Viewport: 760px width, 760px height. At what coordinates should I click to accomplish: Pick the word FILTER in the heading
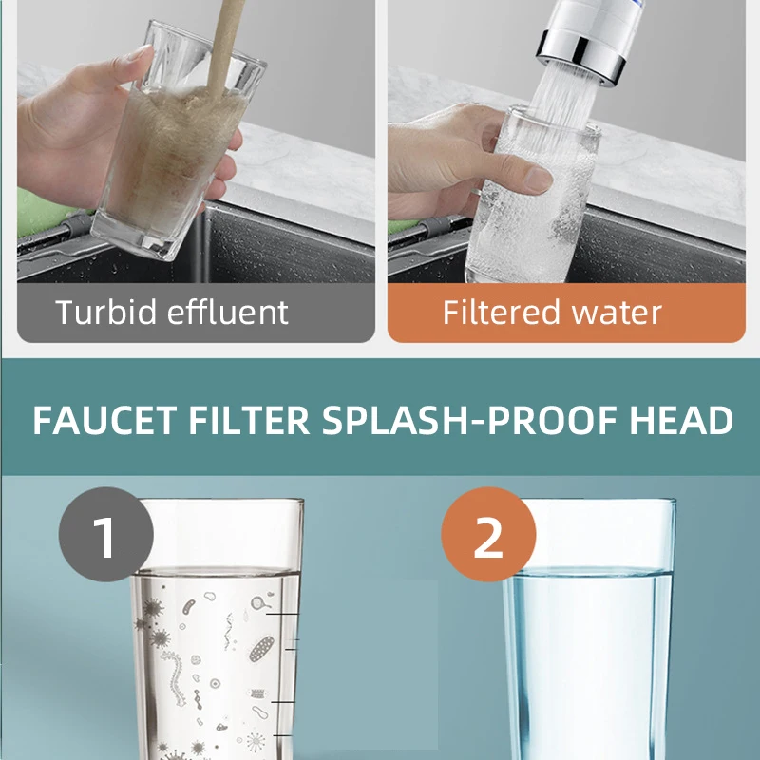coord(254,421)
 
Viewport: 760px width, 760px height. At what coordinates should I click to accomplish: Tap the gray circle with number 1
coord(105,534)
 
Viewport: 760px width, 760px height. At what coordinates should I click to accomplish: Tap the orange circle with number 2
coord(488,534)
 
